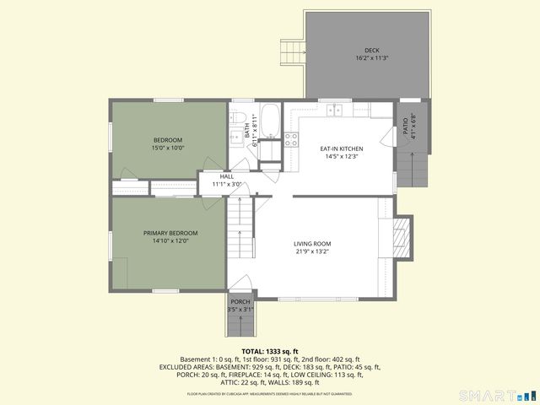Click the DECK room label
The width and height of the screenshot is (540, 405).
point(371,50)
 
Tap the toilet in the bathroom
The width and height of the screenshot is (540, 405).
point(238,119)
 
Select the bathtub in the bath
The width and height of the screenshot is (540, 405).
point(270,121)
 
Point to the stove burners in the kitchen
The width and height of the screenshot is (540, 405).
point(291,140)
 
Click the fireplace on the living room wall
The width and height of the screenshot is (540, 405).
point(403,235)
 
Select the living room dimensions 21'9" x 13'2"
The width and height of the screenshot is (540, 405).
point(312,251)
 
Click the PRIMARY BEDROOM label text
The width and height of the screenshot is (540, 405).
point(170,233)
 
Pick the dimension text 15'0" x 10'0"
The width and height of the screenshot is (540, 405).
point(167,148)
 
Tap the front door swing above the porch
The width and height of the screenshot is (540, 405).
point(240,284)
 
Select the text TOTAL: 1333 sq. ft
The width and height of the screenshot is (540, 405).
point(270,351)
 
